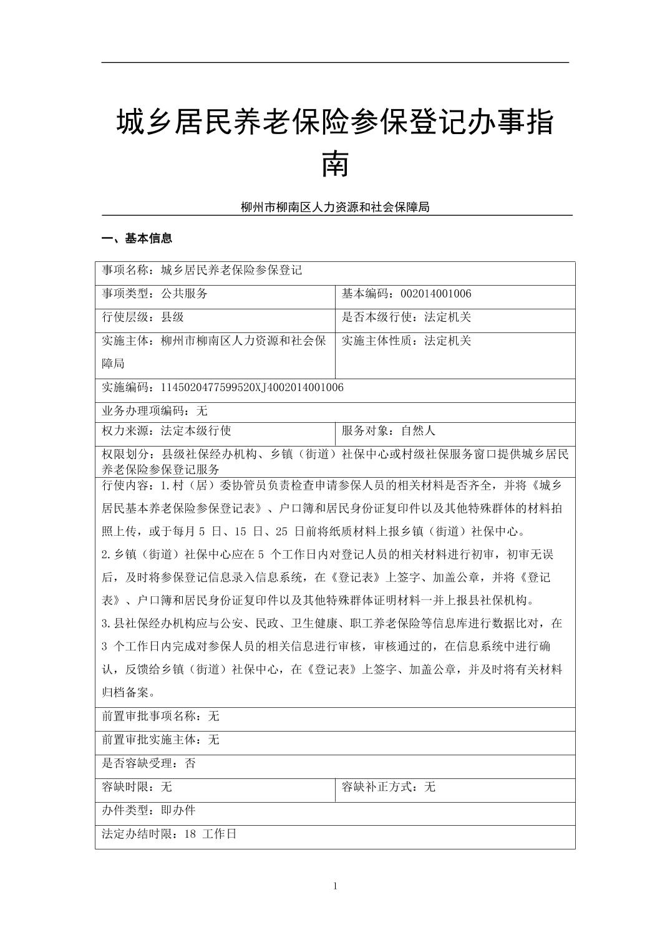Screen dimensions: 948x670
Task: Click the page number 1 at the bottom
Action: (x=335, y=886)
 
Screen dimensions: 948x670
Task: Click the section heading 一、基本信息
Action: (x=137, y=238)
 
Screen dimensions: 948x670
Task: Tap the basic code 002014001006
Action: (x=435, y=294)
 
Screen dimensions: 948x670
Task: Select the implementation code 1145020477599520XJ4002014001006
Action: (x=252, y=387)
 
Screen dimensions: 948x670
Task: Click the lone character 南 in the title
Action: (x=335, y=163)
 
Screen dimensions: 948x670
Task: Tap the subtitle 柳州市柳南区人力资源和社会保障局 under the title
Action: (x=335, y=207)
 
